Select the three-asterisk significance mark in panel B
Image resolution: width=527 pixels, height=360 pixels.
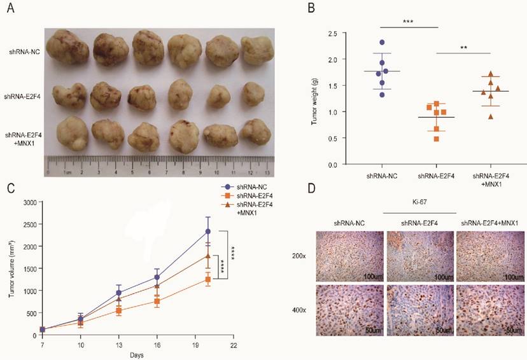[x=407, y=22]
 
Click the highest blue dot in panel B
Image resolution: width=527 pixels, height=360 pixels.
[x=382, y=43]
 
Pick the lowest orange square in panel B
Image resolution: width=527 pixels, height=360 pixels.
[x=437, y=138]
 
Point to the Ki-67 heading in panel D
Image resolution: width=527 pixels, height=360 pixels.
[x=419, y=204]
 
